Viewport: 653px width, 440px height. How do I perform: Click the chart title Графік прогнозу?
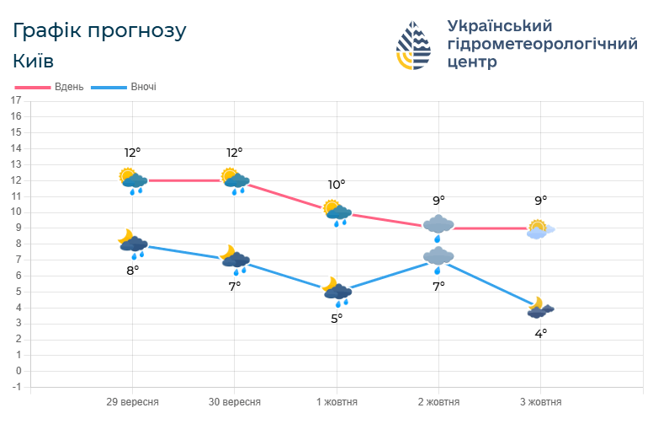click(99, 31)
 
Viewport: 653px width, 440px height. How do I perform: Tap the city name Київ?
click(34, 62)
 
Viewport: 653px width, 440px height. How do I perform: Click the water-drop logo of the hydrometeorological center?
click(413, 45)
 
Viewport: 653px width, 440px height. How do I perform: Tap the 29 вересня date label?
click(133, 402)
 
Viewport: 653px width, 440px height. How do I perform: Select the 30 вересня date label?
click(235, 402)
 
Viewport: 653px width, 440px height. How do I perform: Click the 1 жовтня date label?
click(337, 402)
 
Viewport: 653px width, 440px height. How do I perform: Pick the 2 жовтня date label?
click(438, 402)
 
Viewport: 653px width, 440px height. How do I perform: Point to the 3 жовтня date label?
click(540, 402)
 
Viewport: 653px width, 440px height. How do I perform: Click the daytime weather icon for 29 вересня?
click(133, 180)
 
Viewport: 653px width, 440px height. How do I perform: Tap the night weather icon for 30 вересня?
click(235, 260)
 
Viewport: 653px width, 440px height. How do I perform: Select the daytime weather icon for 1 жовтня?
click(337, 212)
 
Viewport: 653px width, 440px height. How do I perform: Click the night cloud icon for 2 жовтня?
click(438, 258)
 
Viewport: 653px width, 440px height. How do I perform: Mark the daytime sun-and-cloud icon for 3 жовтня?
click(540, 228)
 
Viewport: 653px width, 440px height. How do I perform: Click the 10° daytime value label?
click(337, 185)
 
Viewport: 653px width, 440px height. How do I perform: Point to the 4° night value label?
click(540, 333)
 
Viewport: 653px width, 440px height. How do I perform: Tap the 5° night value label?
click(337, 318)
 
